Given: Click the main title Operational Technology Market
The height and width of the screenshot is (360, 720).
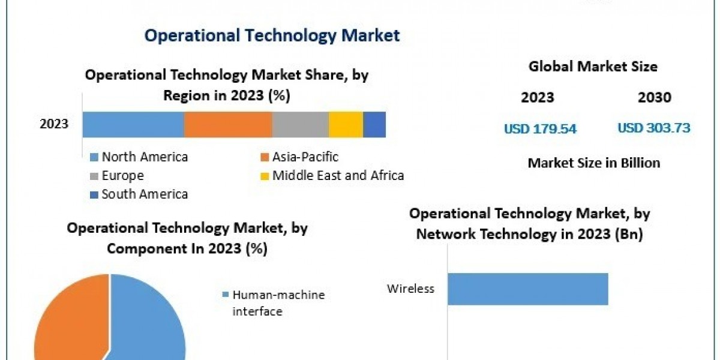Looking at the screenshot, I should coord(272,35).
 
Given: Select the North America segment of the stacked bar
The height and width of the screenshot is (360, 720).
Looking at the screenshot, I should coord(133,125).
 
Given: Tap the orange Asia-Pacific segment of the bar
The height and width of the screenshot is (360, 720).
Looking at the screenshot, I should coord(228,125).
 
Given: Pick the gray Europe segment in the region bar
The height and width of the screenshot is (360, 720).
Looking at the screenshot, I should coord(300,125).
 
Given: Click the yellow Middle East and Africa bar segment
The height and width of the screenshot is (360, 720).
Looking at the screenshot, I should coord(346,125).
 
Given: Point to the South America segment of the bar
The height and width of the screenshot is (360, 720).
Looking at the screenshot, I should coord(374,125).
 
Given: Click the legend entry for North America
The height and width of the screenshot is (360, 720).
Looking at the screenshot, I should coord(144,157).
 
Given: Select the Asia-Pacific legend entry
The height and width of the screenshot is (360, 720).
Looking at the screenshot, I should coord(305,157).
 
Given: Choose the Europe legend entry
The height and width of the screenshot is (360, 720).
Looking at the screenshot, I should coord(122,176).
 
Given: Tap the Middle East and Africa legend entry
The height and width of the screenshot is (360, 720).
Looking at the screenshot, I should coord(337,176).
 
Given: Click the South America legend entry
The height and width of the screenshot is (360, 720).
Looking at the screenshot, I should coord(144,194).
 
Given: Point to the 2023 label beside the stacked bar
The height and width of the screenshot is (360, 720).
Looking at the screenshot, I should coord(54,125).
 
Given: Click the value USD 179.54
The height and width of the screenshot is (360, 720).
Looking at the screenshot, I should coord(540,128).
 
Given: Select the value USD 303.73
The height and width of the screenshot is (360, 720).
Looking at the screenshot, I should coord(653,128).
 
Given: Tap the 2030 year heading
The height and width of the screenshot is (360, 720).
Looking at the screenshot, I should coord(655,98).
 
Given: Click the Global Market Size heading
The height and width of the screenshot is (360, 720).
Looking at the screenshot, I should coord(593,67).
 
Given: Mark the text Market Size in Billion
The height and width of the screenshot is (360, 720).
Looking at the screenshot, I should coord(593,163).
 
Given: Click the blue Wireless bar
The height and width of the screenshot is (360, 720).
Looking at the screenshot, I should coord(527,289).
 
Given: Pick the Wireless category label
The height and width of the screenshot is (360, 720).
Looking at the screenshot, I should coord(410,289).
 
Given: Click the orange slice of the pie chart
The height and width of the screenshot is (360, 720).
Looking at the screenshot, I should coord(66,324).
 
